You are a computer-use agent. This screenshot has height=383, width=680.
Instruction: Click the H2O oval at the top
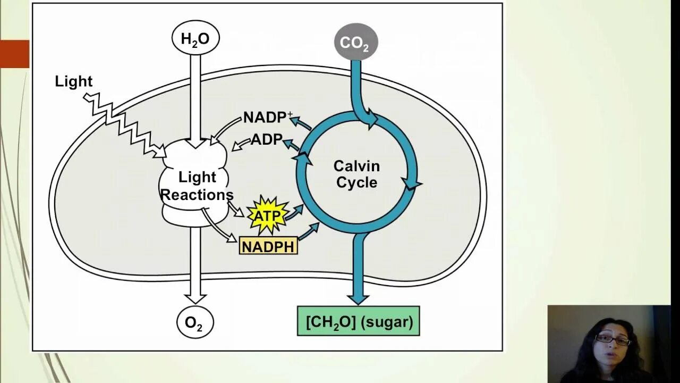[x=195, y=39]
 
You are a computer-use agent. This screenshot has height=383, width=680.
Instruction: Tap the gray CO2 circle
[x=355, y=43]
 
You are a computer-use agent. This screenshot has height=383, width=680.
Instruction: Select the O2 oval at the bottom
[x=195, y=322]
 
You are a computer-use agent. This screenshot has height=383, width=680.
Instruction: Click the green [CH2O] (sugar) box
[x=359, y=321]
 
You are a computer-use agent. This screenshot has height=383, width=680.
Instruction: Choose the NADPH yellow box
[x=268, y=246]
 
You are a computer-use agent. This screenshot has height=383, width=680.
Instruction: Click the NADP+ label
[x=268, y=117]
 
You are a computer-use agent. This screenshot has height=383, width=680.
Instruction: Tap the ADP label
[x=266, y=139]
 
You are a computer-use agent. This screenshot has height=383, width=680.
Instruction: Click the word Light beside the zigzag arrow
[x=74, y=81]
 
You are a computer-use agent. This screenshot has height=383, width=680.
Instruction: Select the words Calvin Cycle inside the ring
[x=356, y=174]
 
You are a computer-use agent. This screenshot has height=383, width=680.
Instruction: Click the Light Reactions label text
[x=197, y=186]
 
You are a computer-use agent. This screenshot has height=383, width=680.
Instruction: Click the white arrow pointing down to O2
[x=195, y=266]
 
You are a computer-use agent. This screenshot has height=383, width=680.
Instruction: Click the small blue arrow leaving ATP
[x=294, y=211]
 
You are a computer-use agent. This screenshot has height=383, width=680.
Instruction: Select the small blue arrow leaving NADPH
[x=309, y=232]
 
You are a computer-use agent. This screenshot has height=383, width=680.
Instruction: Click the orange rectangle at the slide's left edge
[x=14, y=54]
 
